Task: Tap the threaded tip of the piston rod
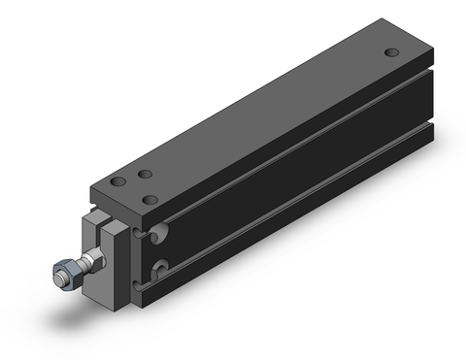[54, 278]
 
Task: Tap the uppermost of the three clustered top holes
[145, 175]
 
